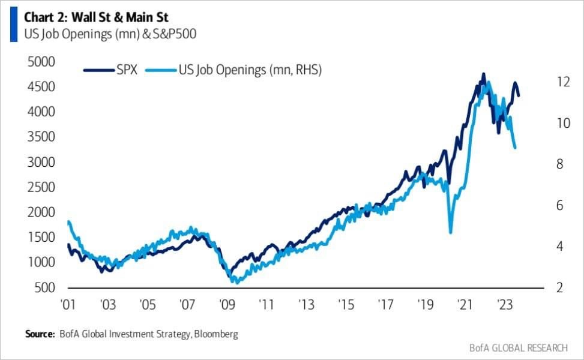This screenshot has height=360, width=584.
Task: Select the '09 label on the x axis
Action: coord(227,305)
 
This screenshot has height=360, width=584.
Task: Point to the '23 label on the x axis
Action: coord(504,305)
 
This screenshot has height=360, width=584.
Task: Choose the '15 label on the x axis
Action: coord(345,305)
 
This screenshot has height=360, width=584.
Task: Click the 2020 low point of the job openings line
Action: coord(450,232)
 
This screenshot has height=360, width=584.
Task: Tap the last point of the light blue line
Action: coord(516,148)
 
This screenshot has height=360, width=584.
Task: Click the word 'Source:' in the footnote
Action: coord(39,334)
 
